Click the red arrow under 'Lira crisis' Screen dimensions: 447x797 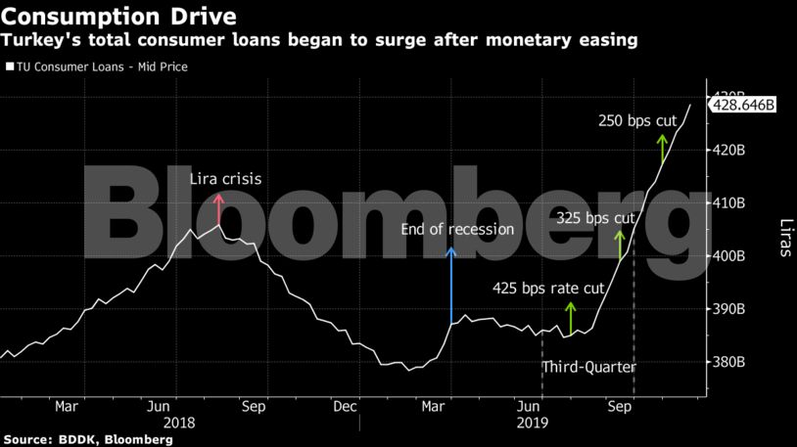pos(218,209)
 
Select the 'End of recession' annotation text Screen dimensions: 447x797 pos(457,230)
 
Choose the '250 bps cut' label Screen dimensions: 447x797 pos(638,121)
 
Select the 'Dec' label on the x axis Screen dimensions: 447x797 pos(344,405)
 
